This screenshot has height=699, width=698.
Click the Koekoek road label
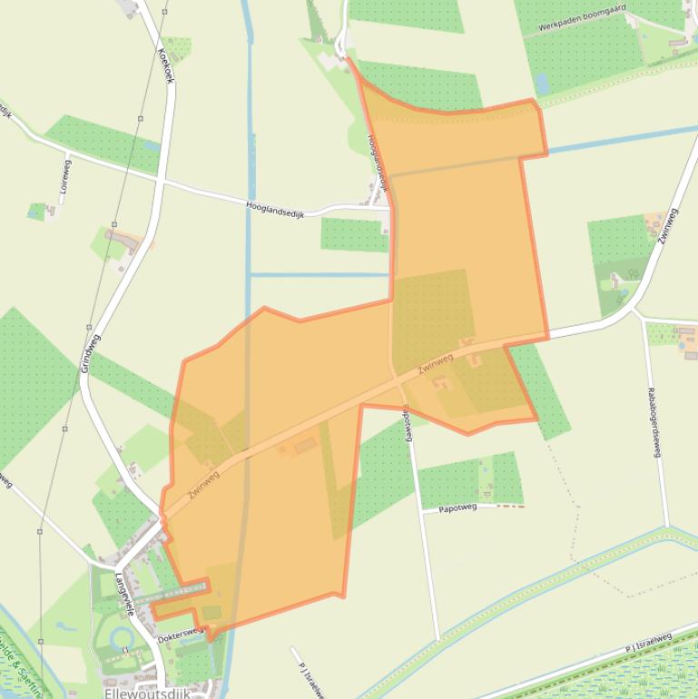(166, 64)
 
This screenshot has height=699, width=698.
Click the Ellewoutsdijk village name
(146, 693)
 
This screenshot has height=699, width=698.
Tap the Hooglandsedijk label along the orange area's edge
(378, 162)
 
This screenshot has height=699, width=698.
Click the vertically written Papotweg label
(407, 423)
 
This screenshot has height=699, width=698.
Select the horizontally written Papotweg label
(457, 509)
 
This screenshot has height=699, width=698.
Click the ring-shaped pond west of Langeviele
(122, 641)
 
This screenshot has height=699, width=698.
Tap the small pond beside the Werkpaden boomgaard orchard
(542, 84)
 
